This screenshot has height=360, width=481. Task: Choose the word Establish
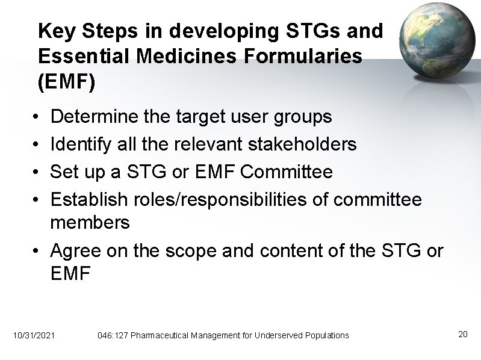click(90, 200)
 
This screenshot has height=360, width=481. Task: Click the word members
click(90, 223)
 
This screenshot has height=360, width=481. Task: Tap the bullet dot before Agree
click(38, 250)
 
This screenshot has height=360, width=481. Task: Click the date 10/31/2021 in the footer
click(33, 335)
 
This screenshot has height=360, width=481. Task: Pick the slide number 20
click(462, 334)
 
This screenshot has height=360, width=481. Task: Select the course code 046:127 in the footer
click(111, 335)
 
